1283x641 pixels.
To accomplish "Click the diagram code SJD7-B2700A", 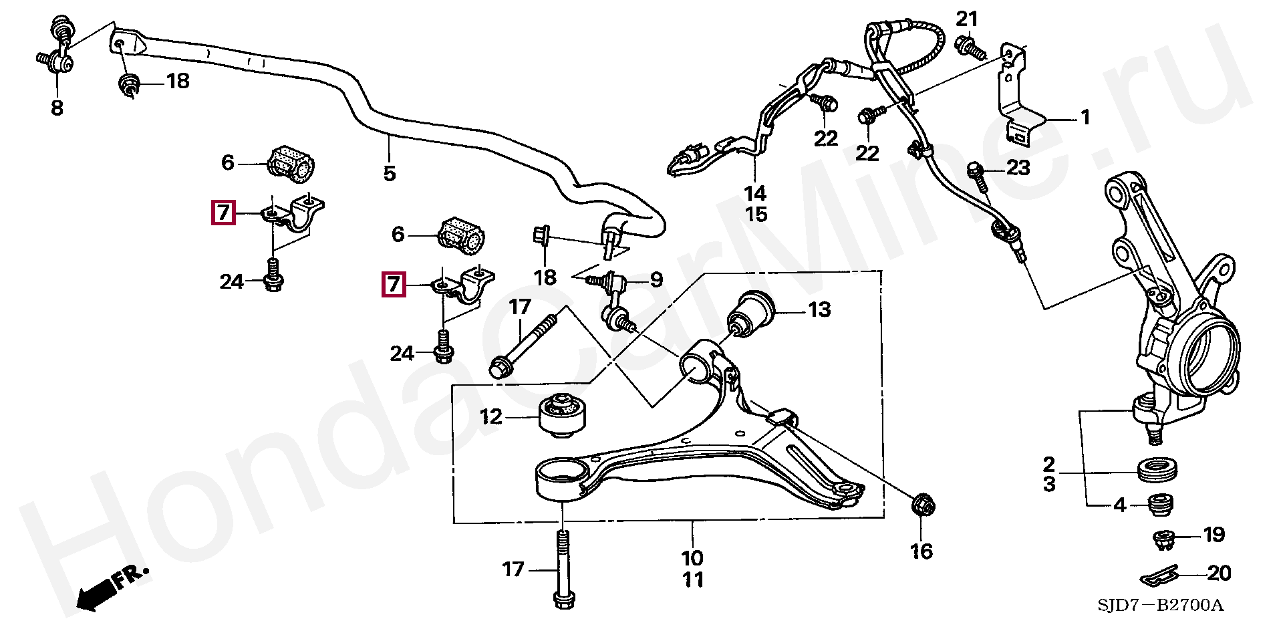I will tap(1160, 606).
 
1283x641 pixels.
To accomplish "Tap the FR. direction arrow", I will tap(110, 587).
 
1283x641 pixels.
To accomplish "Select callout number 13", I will tap(819, 310).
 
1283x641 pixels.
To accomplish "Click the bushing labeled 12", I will tap(563, 415).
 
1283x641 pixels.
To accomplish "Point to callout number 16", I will tap(921, 551).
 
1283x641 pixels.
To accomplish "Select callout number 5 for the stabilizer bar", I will tap(390, 174).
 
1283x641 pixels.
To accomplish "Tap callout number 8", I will tap(57, 108).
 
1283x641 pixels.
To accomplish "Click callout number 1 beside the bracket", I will tap(1085, 118).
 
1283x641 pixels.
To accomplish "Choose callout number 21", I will tap(967, 19).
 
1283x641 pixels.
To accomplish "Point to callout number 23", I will tap(1018, 167).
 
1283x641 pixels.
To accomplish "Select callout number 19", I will tap(1214, 535).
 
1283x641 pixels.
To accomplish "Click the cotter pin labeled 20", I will tap(1159, 575).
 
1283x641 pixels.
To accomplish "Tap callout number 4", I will tap(1120, 505).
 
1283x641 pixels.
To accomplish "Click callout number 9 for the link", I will tap(656, 280).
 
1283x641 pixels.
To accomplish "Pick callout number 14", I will tap(755, 194).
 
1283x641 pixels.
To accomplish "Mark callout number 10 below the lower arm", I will tap(692, 558).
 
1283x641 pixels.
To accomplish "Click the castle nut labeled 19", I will tap(1164, 539).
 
